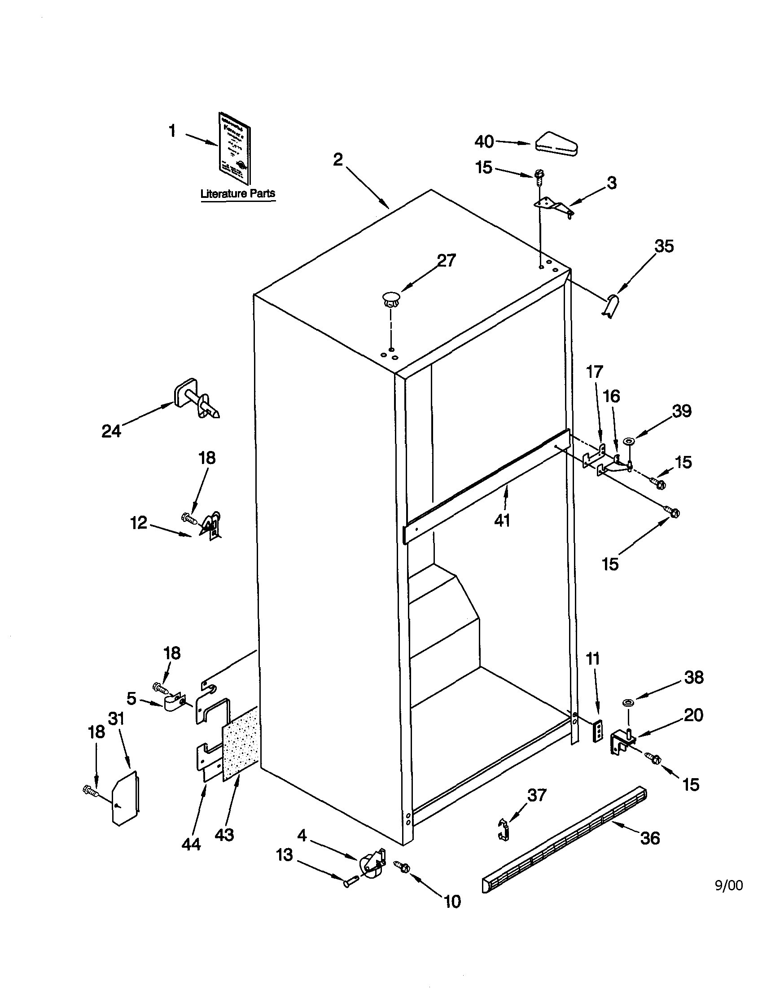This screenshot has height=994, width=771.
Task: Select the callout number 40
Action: tap(484, 142)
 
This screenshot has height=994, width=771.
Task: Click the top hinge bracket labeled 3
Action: tap(553, 206)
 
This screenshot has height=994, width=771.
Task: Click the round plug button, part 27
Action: tap(390, 299)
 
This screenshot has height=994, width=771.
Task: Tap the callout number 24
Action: tap(111, 430)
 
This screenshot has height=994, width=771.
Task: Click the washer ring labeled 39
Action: tap(630, 441)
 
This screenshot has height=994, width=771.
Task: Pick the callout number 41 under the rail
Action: tap(502, 520)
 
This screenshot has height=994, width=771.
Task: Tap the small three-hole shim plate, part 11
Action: tap(598, 732)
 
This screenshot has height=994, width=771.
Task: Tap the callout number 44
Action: tap(191, 844)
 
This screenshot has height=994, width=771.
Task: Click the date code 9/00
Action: tap(729, 885)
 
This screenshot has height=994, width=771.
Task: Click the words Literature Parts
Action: tap(238, 193)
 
